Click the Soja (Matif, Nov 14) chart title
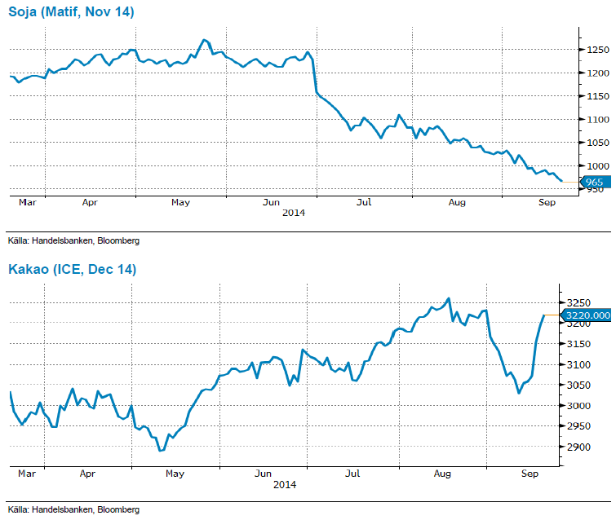point(71,12)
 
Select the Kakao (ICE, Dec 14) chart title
point(72,269)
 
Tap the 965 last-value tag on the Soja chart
point(593,182)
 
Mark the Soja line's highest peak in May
point(204,39)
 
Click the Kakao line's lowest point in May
point(161,450)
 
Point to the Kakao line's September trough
point(518,393)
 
